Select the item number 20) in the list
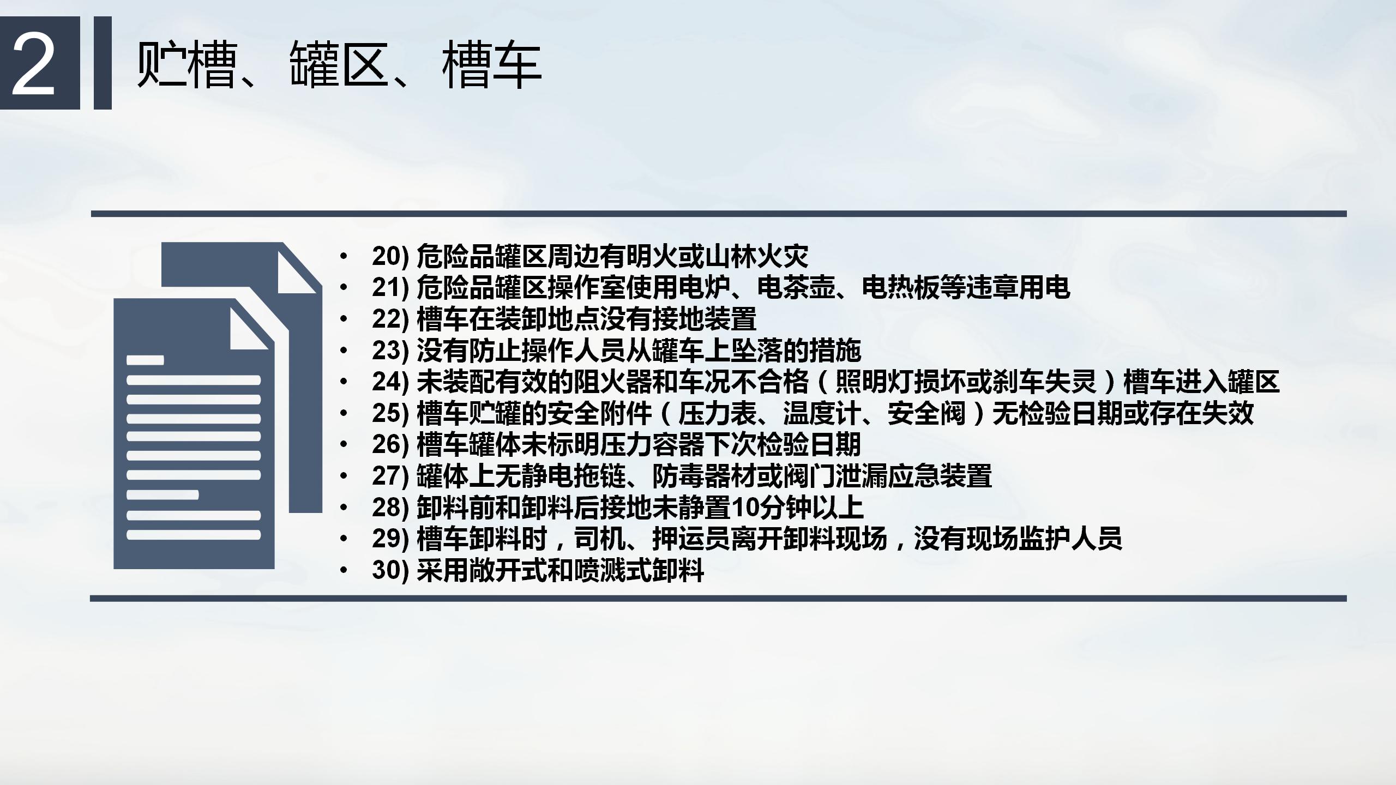click(390, 256)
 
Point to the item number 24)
click(390, 382)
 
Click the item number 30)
click(390, 570)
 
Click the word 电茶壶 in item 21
click(796, 287)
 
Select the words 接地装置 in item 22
click(704, 319)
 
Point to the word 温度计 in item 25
click(822, 413)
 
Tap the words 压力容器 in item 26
click(652, 445)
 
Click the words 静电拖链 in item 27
click(574, 476)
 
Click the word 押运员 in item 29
click(691, 539)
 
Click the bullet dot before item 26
click(343, 445)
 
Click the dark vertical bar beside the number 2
click(103, 63)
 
